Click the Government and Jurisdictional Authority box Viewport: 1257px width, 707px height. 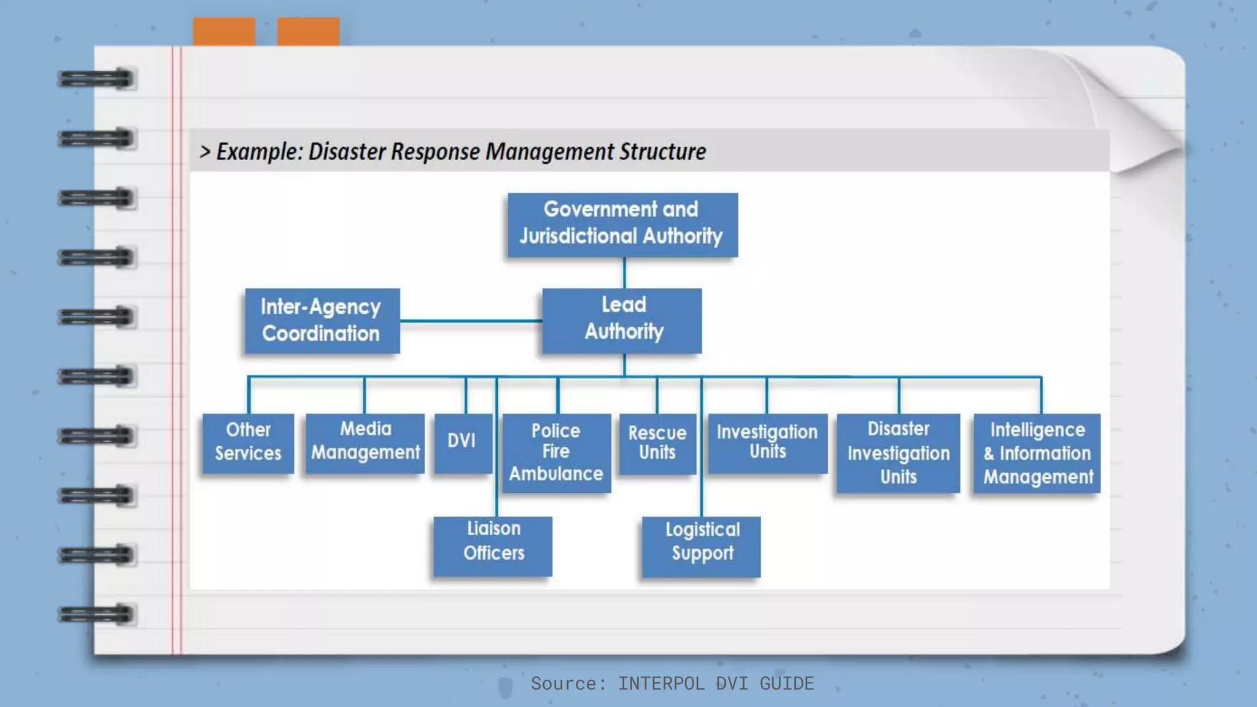622,225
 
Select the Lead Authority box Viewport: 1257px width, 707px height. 622,320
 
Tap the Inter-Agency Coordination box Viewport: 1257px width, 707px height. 322,320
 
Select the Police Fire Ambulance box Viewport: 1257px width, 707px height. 557,453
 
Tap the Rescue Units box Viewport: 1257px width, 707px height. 657,443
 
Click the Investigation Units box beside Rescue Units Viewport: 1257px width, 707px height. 767,443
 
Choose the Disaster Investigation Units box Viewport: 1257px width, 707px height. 898,453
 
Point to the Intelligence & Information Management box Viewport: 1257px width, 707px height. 1037,453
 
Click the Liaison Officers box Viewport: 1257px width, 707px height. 493,546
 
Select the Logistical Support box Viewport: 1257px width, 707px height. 701,546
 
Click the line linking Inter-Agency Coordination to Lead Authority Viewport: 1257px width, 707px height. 471,320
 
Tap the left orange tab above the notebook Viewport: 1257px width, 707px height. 224,31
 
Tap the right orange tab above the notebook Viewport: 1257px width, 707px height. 308,31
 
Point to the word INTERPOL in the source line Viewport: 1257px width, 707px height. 661,683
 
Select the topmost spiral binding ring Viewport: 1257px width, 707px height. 96,79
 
